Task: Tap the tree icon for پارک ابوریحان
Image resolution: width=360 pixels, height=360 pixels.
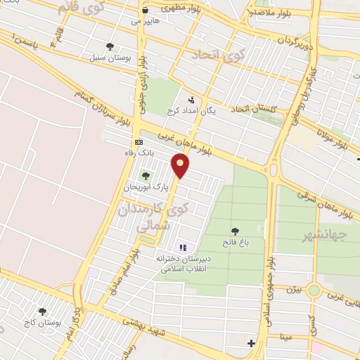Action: point(146,176)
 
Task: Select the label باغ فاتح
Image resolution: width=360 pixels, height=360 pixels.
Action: point(234,243)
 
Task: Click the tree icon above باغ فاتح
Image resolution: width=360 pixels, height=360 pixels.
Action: point(234,231)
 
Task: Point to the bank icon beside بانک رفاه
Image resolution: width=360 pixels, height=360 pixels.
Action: point(138,142)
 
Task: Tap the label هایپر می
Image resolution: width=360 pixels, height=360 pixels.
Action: point(146,22)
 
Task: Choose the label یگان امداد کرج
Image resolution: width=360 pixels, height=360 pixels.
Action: point(191,111)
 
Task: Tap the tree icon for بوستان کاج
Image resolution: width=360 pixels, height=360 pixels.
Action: point(43,311)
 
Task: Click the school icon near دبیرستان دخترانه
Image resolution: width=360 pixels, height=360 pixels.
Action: point(183,247)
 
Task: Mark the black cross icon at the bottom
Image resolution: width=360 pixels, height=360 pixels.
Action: point(251,342)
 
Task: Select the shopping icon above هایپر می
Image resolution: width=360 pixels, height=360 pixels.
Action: point(145,11)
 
